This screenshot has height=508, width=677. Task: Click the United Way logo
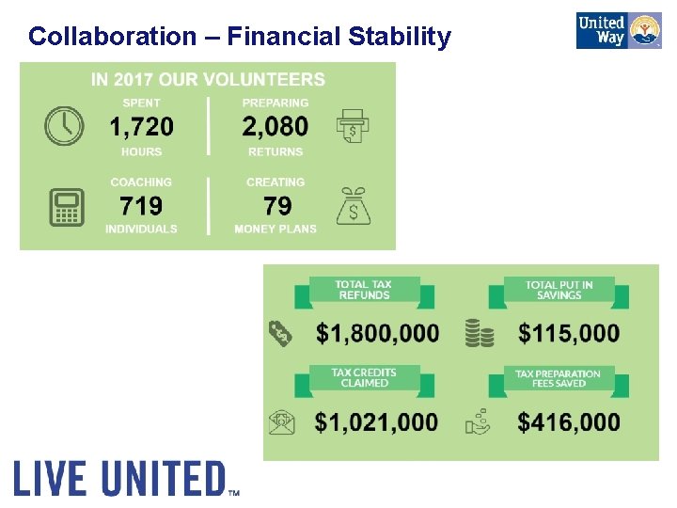[x=619, y=30]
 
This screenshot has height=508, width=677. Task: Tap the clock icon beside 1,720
[x=64, y=126]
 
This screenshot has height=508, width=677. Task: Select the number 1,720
[x=141, y=126]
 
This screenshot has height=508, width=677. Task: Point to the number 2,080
[x=275, y=126]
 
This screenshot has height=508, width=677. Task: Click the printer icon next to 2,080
[x=352, y=125]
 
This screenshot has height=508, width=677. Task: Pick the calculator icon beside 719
[x=66, y=207]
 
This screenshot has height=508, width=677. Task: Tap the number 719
[x=141, y=206]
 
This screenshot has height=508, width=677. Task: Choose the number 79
[x=277, y=206]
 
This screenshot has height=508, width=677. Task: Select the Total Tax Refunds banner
[x=364, y=291]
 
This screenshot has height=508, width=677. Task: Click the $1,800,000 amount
[x=377, y=333]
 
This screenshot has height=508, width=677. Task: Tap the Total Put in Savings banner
[x=559, y=291]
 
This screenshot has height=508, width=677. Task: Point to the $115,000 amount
[x=569, y=333]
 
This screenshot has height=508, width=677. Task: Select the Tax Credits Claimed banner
[x=364, y=379]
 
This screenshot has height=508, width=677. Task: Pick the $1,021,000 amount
[x=376, y=422]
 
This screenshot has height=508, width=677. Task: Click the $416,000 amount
[x=569, y=422]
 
